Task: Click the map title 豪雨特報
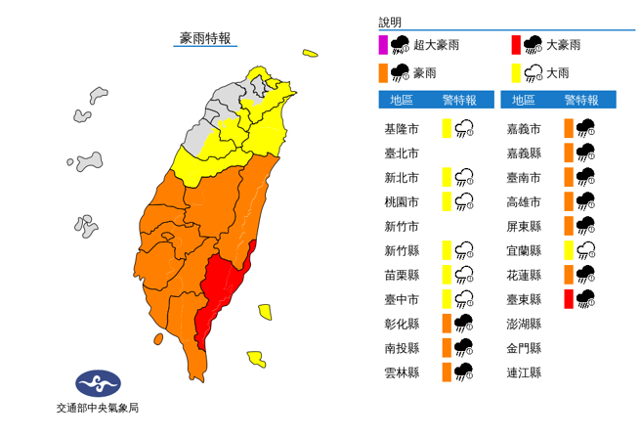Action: pyautogui.click(x=205, y=38)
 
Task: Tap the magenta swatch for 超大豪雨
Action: pyautogui.click(x=384, y=44)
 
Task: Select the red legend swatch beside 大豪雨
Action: pyautogui.click(x=515, y=44)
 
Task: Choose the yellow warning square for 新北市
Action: pyautogui.click(x=446, y=177)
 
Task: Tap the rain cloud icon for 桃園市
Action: pyautogui.click(x=465, y=201)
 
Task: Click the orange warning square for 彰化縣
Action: pyautogui.click(x=446, y=324)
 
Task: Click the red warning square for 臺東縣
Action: pyautogui.click(x=568, y=299)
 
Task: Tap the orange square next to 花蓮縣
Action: pyautogui.click(x=568, y=275)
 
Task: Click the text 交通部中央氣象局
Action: pyautogui.click(x=97, y=408)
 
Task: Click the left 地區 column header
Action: pyautogui.click(x=402, y=100)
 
